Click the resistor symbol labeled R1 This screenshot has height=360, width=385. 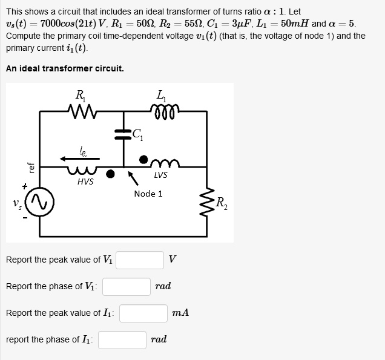(x=79, y=110)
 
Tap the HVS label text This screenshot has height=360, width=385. (x=85, y=181)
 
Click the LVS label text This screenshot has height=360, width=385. (x=160, y=175)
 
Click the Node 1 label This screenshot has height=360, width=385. (x=148, y=194)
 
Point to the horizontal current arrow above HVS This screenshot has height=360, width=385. (x=79, y=159)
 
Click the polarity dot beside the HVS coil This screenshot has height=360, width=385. (x=110, y=174)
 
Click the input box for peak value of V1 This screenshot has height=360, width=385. (x=140, y=260)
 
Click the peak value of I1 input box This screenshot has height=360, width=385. (x=143, y=313)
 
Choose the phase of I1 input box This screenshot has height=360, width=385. (x=123, y=339)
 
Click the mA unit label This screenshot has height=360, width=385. (x=180, y=313)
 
